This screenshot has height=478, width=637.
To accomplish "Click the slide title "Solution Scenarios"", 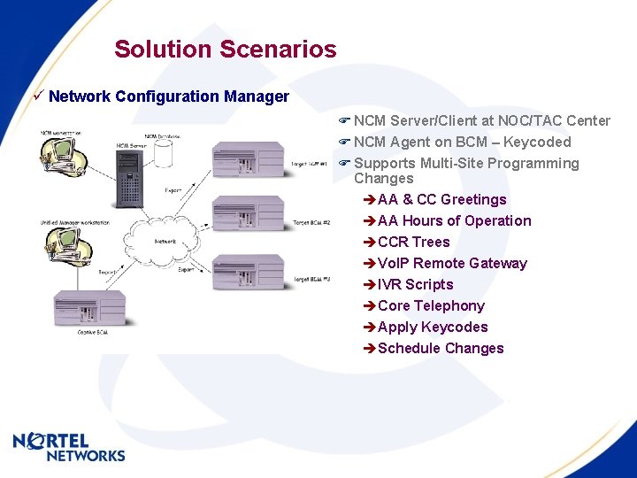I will [225, 49].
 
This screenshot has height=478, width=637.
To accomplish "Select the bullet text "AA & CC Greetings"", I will [441, 199].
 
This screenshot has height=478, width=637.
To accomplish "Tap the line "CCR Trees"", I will [413, 242].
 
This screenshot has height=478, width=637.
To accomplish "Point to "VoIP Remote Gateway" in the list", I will [452, 263].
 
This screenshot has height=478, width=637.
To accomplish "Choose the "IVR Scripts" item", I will [415, 284].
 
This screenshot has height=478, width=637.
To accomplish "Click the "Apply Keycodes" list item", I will [433, 327].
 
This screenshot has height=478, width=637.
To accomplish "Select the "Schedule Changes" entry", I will [441, 348].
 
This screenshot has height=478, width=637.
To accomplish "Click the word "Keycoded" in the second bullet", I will [537, 142].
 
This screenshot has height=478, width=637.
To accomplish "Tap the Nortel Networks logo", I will [69, 447].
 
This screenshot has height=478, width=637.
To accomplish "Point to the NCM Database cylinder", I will [163, 152].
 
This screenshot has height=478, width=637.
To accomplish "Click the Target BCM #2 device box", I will [248, 215].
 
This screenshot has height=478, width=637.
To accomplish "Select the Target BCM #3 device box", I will [248, 273].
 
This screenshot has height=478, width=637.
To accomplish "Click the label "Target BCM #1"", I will [311, 164].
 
